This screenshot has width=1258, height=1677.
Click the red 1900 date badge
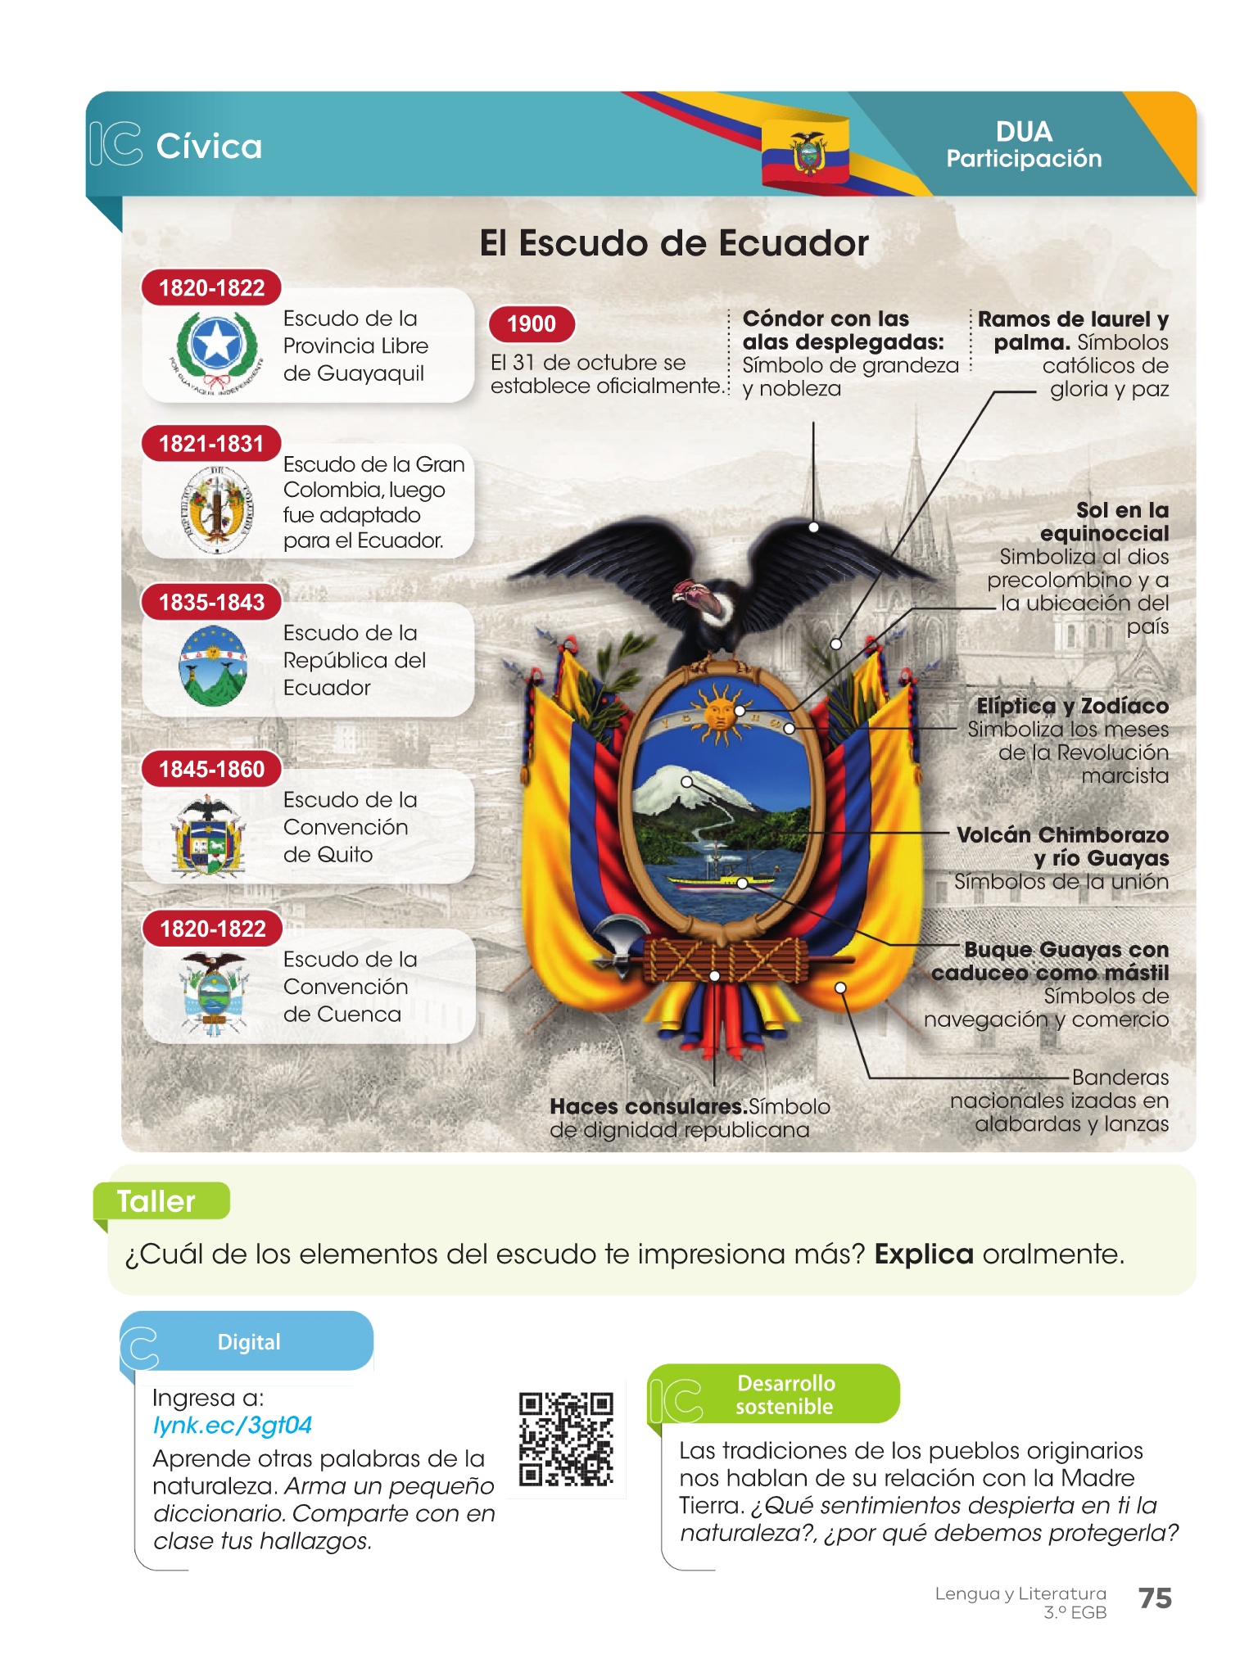(531, 323)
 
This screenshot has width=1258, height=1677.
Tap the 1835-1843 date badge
(211, 602)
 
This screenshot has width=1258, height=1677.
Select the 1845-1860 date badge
(211, 769)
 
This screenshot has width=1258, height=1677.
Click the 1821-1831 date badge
(211, 444)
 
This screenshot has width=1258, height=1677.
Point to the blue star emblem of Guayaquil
(216, 344)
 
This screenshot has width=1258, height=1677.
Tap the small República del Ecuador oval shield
(212, 665)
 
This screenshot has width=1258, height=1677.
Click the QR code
(566, 1439)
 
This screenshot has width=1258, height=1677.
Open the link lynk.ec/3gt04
(233, 1426)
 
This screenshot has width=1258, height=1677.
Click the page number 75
(1155, 1598)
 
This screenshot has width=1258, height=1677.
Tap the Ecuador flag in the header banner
(806, 151)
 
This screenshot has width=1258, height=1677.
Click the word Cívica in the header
(209, 147)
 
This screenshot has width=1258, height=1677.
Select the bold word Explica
(923, 1254)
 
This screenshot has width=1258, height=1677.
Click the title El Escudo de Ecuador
(673, 243)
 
